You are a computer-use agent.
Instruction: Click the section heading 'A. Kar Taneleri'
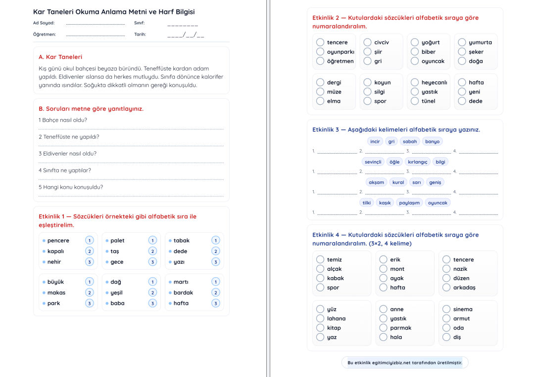pos(60,57)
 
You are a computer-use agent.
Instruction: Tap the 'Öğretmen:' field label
pos(45,35)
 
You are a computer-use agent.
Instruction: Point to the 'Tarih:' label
pos(140,35)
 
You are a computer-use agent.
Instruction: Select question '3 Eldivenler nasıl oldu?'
pos(67,154)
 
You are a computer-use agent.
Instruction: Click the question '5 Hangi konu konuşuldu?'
pos(71,187)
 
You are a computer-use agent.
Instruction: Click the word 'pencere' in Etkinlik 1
pos(58,241)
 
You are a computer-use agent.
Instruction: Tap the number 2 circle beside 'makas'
pos(90,293)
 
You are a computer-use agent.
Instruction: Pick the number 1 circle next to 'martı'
pos(215,282)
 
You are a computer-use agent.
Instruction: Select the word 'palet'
pos(117,241)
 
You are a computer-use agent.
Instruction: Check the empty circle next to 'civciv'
pos(367,42)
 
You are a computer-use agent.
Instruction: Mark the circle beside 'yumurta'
pos(462,42)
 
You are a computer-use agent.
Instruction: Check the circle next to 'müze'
pos(320,92)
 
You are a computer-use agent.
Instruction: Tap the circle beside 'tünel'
pos(415,101)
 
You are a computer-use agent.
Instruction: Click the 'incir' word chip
pos(375,141)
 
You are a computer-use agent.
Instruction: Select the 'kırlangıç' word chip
pos(417,162)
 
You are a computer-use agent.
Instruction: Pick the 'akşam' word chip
pos(376,182)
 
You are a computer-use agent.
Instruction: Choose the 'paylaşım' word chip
pos(409,203)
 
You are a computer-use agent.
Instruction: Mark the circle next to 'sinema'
pos(446,309)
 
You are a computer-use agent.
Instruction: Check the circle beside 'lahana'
pos(320,319)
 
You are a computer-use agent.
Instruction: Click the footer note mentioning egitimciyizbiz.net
pos(405,363)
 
